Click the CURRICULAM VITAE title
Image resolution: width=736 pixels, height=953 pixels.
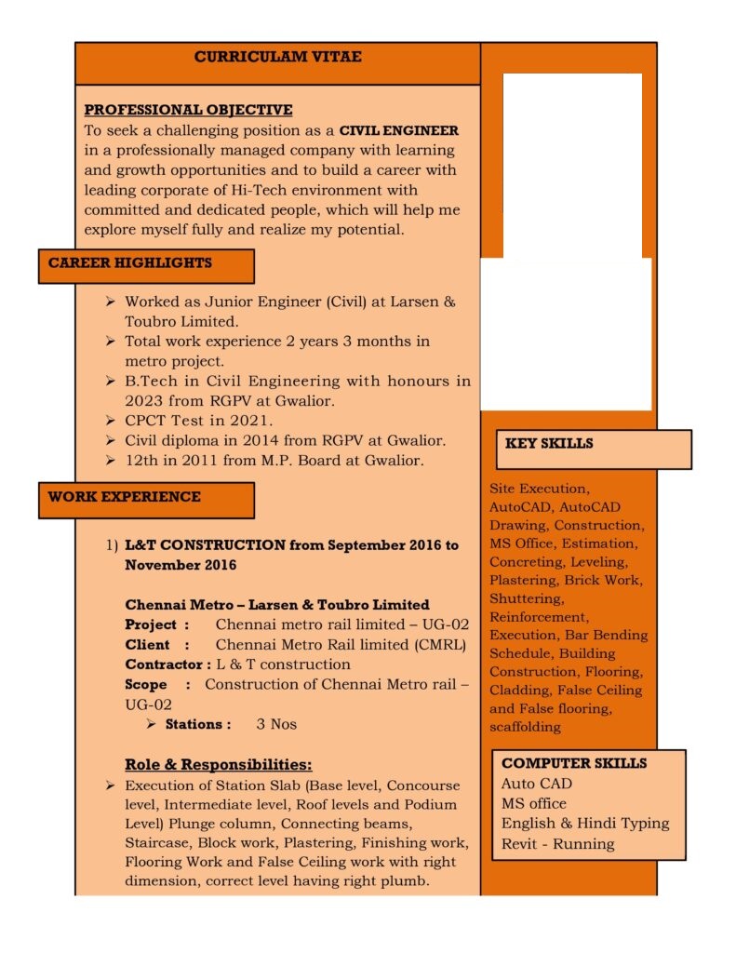277,58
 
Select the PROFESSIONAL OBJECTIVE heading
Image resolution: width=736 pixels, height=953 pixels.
188,111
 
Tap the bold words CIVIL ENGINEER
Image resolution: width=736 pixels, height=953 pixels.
398,130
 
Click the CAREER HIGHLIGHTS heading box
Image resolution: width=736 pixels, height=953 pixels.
146,264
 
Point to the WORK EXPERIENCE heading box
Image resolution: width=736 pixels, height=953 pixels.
146,498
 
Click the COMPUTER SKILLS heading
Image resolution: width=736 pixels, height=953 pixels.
573,764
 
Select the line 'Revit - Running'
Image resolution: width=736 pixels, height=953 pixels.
557,844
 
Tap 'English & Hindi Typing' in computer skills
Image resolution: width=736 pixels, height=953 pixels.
584,824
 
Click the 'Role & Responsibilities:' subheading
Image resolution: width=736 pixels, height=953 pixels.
218,765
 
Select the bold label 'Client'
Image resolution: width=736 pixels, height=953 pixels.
147,645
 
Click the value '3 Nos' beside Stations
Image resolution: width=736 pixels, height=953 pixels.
276,724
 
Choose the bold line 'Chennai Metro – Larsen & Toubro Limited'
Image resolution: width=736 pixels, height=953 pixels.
277,605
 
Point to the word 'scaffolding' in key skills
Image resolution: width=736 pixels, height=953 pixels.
525,727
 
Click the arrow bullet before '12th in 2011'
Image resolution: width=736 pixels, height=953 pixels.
110,461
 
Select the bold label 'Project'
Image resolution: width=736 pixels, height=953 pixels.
150,624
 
